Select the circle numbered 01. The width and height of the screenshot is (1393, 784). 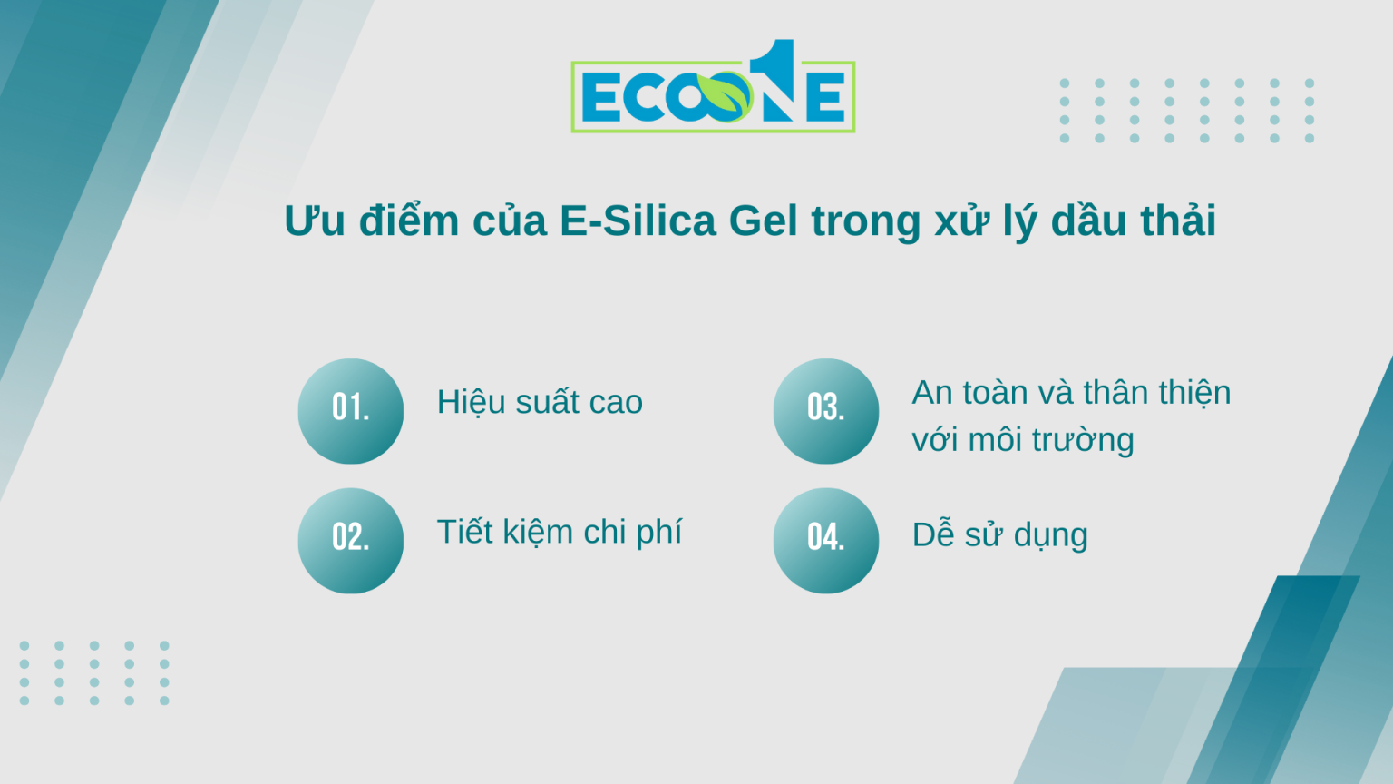point(351,411)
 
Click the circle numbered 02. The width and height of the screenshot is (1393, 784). point(351,541)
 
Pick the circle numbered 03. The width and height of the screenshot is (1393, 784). point(826,411)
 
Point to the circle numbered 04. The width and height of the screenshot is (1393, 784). point(826,541)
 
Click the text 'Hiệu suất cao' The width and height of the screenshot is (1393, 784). point(540,402)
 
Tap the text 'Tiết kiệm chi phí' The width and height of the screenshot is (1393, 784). point(559,533)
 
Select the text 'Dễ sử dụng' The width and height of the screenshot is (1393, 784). point(999,535)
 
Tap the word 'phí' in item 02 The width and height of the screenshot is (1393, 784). point(659,533)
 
